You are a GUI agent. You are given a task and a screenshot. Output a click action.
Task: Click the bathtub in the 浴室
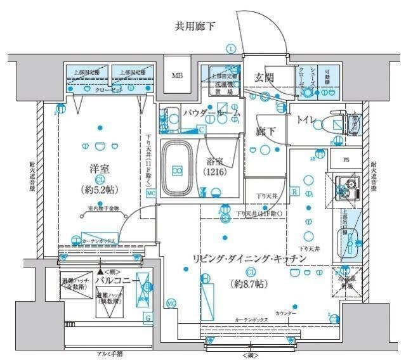178,169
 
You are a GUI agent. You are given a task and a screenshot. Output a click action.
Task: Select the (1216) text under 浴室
219,172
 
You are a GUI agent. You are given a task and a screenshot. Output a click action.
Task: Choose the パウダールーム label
212,113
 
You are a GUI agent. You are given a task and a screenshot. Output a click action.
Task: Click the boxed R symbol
295,191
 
